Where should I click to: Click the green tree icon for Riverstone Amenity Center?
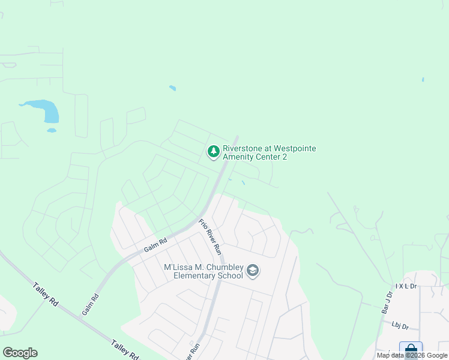tap(213, 152)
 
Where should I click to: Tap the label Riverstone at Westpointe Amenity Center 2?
tap(269, 152)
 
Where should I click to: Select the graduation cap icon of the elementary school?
tap(253, 271)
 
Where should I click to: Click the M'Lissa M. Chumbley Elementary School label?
tap(203, 271)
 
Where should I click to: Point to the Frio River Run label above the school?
tap(211, 236)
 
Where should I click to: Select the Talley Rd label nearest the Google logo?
tap(45, 294)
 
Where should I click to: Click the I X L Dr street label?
tap(406, 287)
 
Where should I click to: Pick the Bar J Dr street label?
tap(386, 304)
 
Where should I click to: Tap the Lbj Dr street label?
tap(399, 326)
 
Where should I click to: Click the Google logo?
tap(20, 353)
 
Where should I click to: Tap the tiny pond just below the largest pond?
tap(52, 130)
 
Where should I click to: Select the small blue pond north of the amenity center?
tap(172, 88)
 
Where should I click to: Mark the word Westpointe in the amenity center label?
tap(295, 148)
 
